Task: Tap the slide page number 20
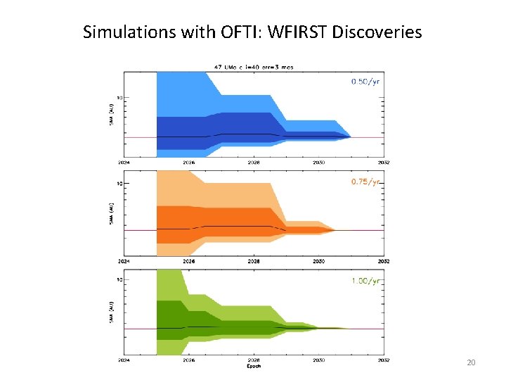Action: pos(471,362)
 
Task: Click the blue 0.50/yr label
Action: pos(365,82)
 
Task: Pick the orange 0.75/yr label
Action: pos(365,182)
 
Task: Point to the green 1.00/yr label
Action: pos(365,281)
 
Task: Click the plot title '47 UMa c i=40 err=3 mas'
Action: pos(254,68)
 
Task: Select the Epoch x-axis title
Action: pos(254,367)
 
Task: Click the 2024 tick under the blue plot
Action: pos(124,163)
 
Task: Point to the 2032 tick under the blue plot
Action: pos(384,163)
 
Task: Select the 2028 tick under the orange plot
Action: pos(254,261)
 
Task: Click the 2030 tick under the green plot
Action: pos(318,360)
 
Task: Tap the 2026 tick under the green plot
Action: pos(189,360)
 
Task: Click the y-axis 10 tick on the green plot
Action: pos(120,280)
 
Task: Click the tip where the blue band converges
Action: pos(351,137)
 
